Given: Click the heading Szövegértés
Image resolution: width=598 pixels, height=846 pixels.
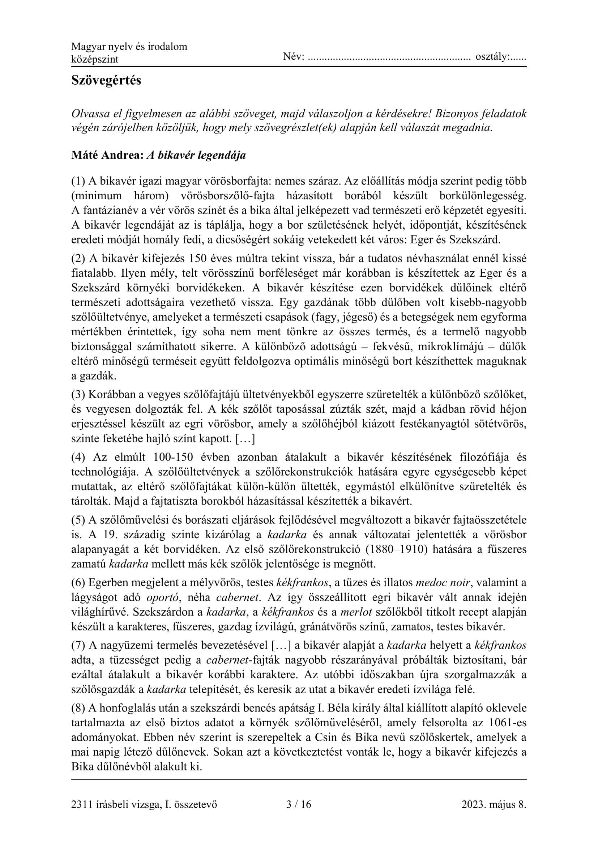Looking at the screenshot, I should (106, 81).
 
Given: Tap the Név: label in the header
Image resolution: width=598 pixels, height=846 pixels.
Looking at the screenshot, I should (294, 57).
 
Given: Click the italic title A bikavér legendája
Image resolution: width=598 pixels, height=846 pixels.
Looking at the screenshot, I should (196, 155).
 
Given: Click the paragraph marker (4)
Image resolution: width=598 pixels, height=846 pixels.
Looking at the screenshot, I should (78, 457).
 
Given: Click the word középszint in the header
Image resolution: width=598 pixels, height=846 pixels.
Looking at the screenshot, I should (95, 60).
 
